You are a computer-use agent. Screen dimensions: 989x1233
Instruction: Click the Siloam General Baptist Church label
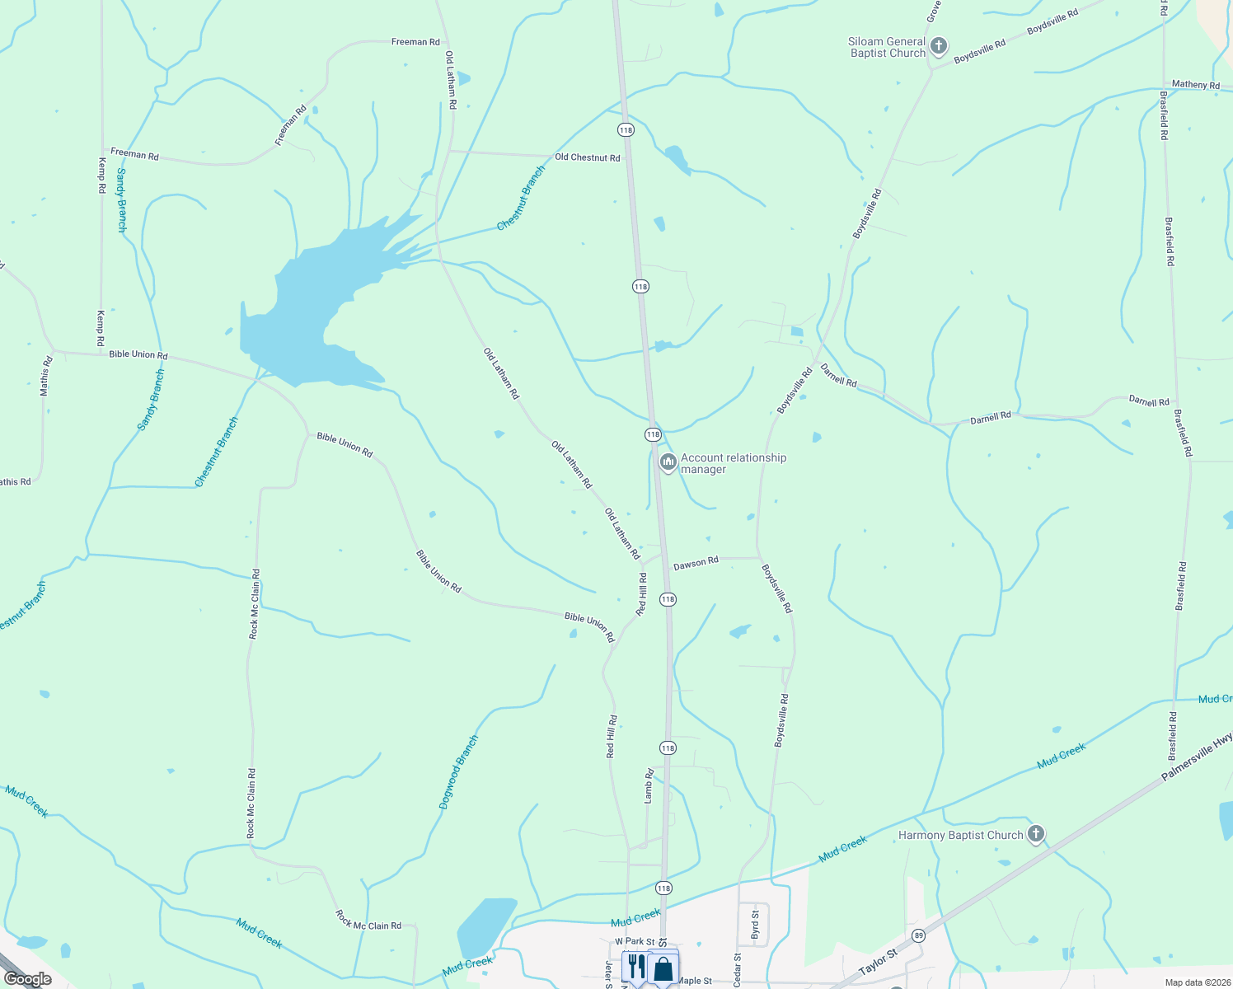[887, 48]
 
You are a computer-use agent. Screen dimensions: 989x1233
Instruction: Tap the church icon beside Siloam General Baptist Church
[938, 47]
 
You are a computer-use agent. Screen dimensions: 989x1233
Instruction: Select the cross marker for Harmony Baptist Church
[1036, 834]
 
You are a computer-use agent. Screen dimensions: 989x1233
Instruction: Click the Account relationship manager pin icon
[668, 462]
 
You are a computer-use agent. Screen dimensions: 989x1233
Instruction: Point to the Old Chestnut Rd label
[587, 157]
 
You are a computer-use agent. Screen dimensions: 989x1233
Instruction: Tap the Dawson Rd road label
[696, 564]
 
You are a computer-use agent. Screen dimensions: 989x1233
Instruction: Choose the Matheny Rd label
[1195, 85]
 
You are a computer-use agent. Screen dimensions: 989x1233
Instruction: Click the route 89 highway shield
[918, 935]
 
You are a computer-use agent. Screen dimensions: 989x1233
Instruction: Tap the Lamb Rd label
[649, 785]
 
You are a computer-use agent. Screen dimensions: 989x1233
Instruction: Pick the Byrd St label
[755, 925]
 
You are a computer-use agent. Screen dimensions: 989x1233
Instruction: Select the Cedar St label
[738, 969]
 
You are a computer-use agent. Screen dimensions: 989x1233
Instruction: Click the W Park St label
[635, 941]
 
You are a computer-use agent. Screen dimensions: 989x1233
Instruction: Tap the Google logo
[27, 979]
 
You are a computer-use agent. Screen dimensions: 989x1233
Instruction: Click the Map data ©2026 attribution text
[1196, 982]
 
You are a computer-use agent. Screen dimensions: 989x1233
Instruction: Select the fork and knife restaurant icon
[635, 967]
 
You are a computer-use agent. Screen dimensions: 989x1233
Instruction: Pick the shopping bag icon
[663, 968]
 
